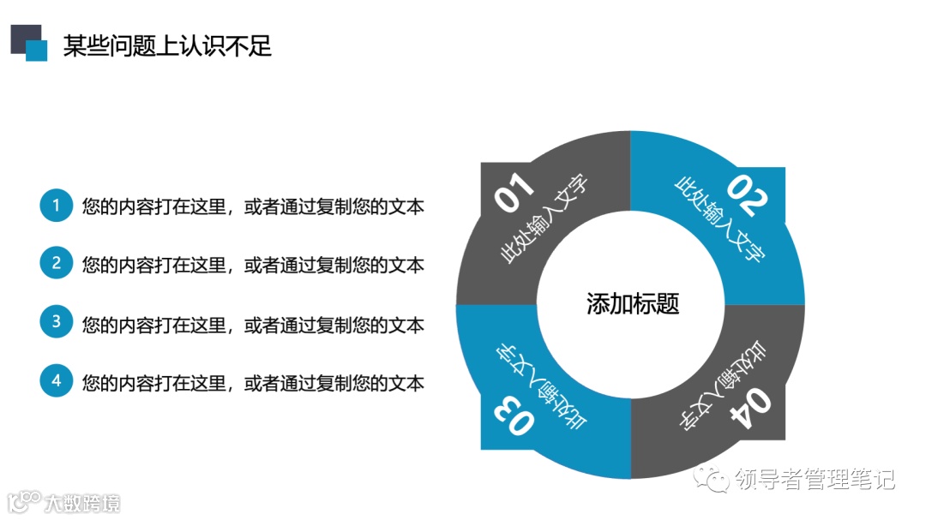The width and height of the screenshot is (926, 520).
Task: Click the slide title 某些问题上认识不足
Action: [x=167, y=45]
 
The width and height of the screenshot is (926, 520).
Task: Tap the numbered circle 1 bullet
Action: [x=57, y=206]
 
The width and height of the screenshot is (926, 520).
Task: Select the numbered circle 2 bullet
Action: [x=57, y=263]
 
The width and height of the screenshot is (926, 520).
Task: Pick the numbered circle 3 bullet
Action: [x=57, y=323]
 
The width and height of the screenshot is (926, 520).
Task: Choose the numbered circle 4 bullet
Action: [x=57, y=381]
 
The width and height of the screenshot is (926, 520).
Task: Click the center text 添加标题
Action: [x=632, y=304]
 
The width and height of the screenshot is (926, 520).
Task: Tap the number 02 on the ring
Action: [x=748, y=195]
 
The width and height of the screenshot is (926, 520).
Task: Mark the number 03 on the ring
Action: [x=514, y=416]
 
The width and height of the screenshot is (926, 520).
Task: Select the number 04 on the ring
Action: [x=748, y=409]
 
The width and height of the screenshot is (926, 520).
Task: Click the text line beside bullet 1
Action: [x=253, y=206]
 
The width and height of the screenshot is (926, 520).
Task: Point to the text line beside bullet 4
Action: [x=253, y=382]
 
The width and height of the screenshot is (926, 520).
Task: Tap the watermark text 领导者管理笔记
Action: [x=815, y=480]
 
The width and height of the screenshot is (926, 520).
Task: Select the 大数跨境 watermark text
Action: [x=83, y=502]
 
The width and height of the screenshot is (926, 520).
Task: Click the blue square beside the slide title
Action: [x=37, y=51]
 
